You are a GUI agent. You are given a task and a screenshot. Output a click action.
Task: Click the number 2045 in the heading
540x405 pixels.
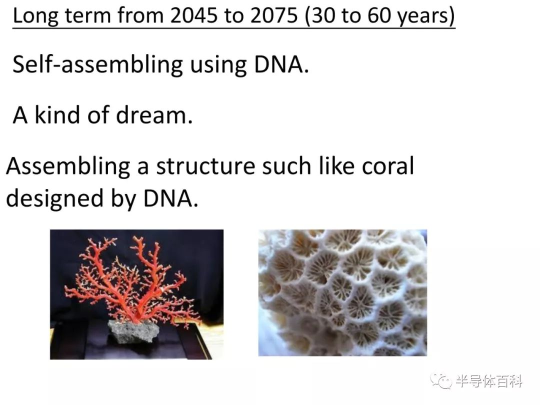pos(193,15)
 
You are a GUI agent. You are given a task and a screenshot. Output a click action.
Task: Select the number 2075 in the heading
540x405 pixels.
pos(274,15)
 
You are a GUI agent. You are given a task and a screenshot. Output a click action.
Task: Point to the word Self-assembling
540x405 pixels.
pos(97,64)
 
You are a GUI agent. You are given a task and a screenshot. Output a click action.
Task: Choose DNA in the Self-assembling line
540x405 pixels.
pos(281,64)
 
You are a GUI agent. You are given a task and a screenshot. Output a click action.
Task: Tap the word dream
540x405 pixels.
pos(154,114)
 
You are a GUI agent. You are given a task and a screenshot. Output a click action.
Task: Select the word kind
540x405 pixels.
pos(57,114)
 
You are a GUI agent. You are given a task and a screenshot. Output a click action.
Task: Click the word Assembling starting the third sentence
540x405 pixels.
pos(68,167)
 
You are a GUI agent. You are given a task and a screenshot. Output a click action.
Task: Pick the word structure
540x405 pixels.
pos(205,166)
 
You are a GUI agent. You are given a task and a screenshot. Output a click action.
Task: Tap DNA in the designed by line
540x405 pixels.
pos(170,198)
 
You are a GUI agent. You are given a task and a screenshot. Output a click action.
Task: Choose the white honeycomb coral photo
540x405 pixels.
pos(342,292)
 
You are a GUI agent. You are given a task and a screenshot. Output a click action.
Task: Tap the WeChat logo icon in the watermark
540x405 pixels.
pos(440,381)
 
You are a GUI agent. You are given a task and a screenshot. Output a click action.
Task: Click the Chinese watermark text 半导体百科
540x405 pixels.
pos(488,381)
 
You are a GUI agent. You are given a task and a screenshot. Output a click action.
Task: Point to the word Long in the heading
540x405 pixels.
pos(35,16)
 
